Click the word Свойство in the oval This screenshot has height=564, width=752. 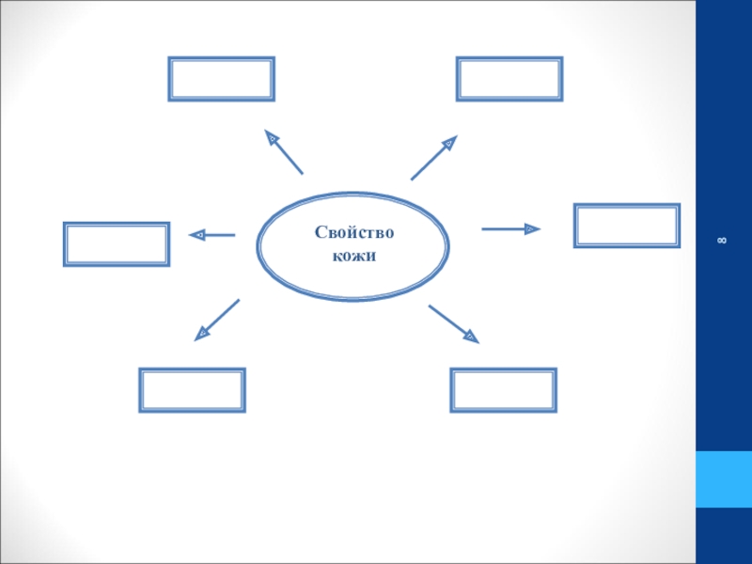pos(353,233)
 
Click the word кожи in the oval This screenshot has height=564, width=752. pos(353,256)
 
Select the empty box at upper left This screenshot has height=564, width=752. pos(221,79)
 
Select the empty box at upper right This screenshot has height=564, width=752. pos(509,79)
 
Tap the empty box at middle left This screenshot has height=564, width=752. pos(117,243)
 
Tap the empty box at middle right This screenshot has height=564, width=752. pos(627,226)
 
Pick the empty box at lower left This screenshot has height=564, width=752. pos(193,390)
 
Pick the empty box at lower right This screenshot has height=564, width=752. pos(504,390)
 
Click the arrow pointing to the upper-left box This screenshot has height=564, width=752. pos(284,152)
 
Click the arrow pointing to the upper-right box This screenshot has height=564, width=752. pos(433,157)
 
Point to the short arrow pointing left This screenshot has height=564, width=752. pos(211,235)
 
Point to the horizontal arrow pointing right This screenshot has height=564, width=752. pos(510,228)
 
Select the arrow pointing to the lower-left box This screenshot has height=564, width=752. pos(217,319)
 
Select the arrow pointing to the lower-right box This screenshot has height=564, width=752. pos(454,323)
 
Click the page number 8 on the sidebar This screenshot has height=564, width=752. pos(722,242)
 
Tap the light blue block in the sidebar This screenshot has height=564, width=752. pos(723,479)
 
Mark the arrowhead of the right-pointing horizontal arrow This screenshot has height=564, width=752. pos(533,228)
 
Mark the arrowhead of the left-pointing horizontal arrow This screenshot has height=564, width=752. pos(197,235)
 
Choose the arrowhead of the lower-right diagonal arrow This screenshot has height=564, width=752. pos(470,336)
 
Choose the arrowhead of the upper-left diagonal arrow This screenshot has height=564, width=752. pos(272,138)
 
